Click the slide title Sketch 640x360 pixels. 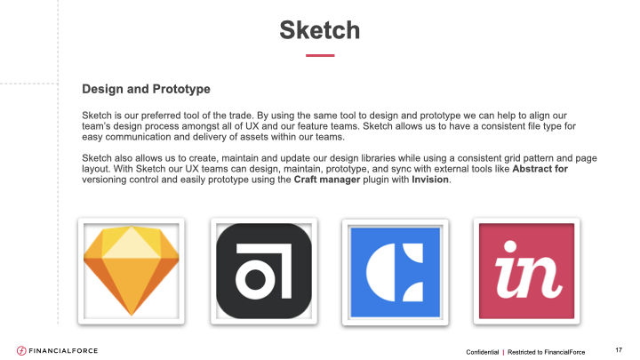[320, 30]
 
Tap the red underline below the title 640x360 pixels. [320, 55]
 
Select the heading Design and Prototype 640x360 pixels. [146, 89]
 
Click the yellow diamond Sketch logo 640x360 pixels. [131, 270]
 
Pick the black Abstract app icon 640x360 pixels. [264, 271]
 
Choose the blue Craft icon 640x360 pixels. [395, 272]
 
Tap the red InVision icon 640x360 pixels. [526, 271]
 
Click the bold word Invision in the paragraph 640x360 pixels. [430, 180]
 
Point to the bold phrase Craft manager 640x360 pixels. [327, 180]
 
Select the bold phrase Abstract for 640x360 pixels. [540, 169]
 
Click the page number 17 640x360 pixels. [619, 350]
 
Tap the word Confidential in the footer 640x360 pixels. [483, 352]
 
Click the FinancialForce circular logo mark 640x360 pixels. [21, 350]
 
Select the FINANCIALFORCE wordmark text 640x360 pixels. [63, 350]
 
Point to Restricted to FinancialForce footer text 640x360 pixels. [546, 352]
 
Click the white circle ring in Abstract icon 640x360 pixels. [255, 280]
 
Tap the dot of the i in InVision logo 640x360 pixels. [510, 246]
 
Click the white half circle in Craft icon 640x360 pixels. [380, 272]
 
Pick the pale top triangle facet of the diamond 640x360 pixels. [131, 243]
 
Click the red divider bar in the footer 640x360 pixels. [503, 352]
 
